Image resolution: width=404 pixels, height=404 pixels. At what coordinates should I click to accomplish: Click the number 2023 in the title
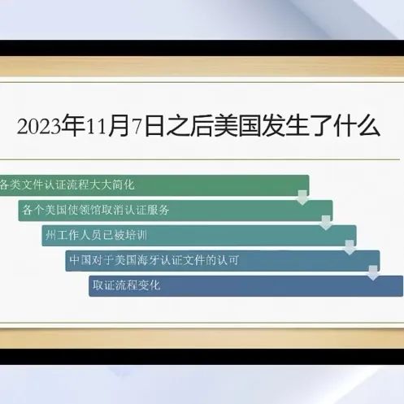[x=39, y=127]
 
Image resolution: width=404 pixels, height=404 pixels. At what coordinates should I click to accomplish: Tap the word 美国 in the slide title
[x=237, y=126]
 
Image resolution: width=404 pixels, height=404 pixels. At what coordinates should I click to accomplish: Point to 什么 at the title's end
[x=357, y=126]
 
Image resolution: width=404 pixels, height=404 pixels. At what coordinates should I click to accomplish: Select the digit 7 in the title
[x=137, y=127]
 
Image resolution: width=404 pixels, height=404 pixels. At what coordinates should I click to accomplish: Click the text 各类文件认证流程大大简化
[x=67, y=185]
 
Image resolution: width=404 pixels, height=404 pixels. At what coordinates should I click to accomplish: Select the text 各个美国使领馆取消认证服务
[x=96, y=210]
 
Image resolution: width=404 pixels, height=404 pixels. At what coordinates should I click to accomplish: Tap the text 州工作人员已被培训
[x=96, y=235]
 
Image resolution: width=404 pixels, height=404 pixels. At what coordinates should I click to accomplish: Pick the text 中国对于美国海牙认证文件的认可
[x=154, y=260]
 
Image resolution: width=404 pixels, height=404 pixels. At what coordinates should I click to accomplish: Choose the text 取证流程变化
[x=127, y=285]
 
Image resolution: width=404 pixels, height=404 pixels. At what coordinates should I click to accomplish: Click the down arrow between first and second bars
[x=302, y=198]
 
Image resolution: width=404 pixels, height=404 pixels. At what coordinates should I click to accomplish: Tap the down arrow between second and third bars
[x=326, y=223]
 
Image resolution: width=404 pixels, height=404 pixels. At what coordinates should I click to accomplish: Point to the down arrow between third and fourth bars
[x=350, y=247]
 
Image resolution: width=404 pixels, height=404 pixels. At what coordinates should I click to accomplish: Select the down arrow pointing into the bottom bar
[x=373, y=273]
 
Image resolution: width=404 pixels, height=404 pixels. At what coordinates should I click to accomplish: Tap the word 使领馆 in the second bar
[x=85, y=210]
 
